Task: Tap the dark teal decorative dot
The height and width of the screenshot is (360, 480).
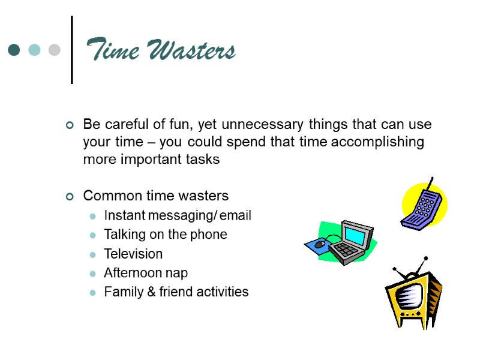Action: coord(14,50)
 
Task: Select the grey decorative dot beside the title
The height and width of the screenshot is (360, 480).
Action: coord(54,50)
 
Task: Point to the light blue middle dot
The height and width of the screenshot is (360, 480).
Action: coord(34,50)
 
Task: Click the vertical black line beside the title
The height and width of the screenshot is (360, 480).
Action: coord(72,50)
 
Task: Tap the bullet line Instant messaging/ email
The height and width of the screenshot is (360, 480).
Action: coord(178,215)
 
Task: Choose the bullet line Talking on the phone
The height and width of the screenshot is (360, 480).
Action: coord(166,235)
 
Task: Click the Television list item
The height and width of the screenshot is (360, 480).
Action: coord(133,254)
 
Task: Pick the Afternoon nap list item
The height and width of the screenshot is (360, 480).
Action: coord(146,273)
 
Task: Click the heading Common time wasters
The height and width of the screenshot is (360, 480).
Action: coord(156,196)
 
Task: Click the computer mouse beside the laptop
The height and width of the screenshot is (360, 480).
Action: coord(319,244)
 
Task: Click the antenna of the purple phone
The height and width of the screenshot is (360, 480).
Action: coord(430,183)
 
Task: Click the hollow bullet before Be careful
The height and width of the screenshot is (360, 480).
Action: coord(70,125)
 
